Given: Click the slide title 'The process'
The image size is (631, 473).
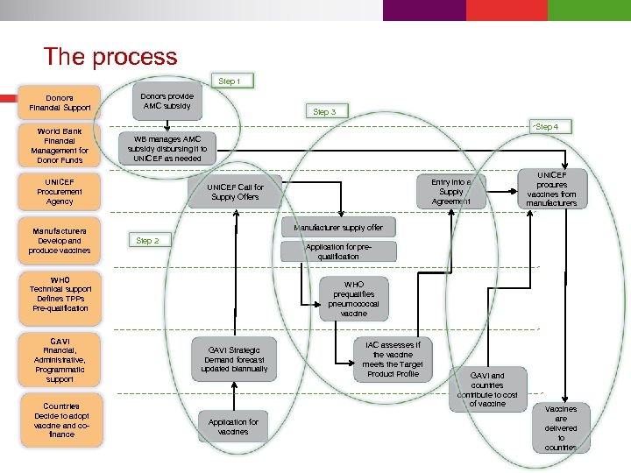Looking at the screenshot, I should coord(110,57).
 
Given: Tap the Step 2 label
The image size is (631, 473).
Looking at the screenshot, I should coord(147,240).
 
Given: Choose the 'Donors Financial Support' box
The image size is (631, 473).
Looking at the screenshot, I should coord(60,102).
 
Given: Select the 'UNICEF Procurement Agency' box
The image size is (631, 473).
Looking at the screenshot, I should coord(60,191).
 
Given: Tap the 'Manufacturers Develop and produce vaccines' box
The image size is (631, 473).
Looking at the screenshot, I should coord(60,241).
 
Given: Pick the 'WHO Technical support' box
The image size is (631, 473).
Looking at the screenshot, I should coord(60,294).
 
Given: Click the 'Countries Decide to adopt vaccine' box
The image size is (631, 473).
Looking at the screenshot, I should coord(60,420).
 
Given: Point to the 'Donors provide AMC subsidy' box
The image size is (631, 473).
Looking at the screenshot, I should coord(167,102).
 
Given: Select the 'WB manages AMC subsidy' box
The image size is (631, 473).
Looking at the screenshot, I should coord(167,149).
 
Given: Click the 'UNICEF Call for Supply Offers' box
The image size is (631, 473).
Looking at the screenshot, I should coord(236,192).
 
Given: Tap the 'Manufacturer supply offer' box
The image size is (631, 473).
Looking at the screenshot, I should coord(337,228).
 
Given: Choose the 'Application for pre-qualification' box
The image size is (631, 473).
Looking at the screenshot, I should coord(337,251).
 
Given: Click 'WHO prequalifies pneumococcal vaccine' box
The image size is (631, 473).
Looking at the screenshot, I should coord(353,299).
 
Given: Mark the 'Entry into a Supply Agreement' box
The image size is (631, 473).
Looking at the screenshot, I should coord(450,192).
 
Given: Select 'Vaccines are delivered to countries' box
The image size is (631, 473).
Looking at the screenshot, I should coord(561,428).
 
